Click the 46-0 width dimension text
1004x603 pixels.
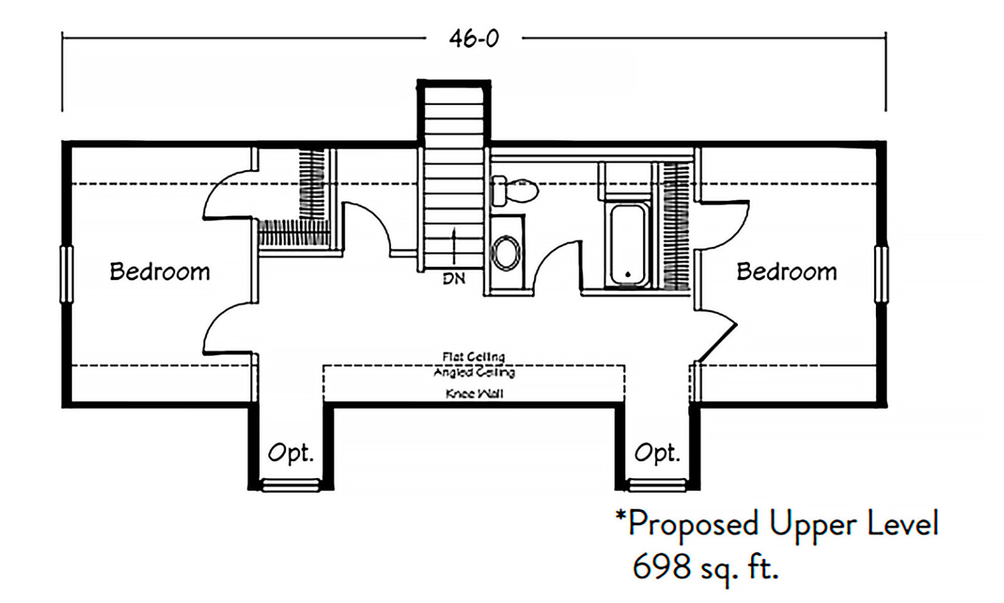(474, 39)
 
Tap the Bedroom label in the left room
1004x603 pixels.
(159, 272)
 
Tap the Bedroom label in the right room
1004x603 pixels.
(786, 272)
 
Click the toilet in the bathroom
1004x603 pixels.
(516, 190)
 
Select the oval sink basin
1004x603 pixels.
(506, 253)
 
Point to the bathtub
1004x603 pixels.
(627, 245)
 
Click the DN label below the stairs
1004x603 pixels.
(454, 278)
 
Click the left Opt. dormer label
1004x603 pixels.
(291, 452)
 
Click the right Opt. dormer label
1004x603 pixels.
(657, 452)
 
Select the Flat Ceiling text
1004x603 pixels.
(473, 357)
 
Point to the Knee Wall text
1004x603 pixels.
(474, 394)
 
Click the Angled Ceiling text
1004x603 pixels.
(474, 372)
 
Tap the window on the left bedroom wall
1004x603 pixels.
(66, 274)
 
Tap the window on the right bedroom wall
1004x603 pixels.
(881, 274)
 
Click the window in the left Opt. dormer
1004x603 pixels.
(290, 485)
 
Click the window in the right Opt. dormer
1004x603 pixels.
(657, 485)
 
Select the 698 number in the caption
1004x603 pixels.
(653, 567)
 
